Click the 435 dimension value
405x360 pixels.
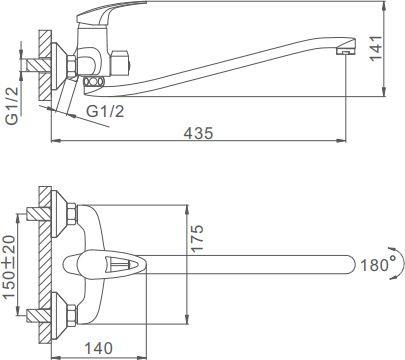pos(198,133)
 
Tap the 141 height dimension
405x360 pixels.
pos(376,48)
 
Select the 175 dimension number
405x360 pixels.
pos(197,239)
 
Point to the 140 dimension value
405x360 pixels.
pos(98,348)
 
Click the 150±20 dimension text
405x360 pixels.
pos(9,267)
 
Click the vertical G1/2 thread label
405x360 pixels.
pos(12,105)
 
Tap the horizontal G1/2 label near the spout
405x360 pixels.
pos(105,111)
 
